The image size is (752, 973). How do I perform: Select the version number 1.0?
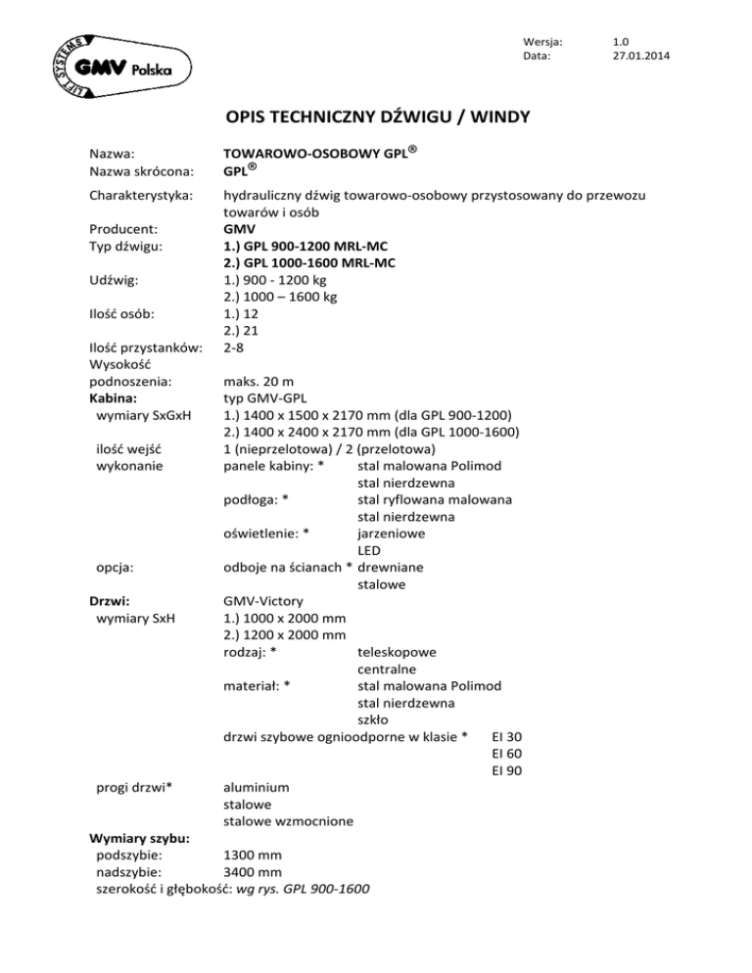point(619,41)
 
